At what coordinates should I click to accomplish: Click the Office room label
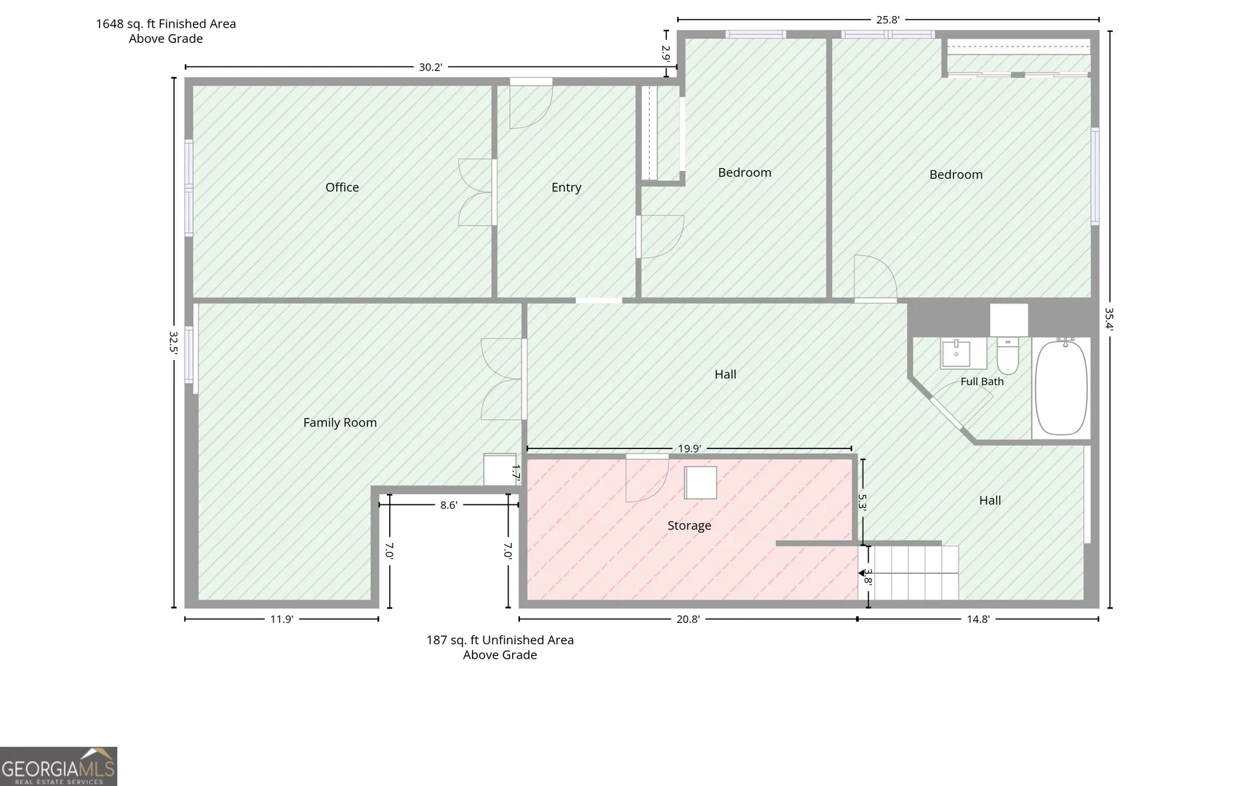(342, 188)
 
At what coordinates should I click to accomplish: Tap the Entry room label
(567, 188)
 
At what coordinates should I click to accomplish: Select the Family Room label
(340, 423)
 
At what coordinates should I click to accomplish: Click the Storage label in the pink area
(690, 525)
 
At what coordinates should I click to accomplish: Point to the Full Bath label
(982, 381)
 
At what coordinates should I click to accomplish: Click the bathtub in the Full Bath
(1061, 388)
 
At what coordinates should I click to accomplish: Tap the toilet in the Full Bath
(1008, 356)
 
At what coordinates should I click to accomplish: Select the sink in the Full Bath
(956, 354)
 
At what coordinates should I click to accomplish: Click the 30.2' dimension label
(431, 67)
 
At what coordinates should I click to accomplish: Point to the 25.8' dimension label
(887, 20)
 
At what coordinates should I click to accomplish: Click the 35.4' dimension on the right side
(1109, 319)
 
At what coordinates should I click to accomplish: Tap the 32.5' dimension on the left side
(174, 342)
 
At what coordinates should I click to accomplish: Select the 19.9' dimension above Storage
(690, 448)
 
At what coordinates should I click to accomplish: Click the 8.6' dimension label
(449, 505)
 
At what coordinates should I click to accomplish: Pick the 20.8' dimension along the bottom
(688, 619)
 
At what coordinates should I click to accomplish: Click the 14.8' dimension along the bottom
(978, 619)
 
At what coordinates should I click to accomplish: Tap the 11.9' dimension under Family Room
(281, 619)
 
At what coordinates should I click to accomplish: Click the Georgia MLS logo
(58, 766)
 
